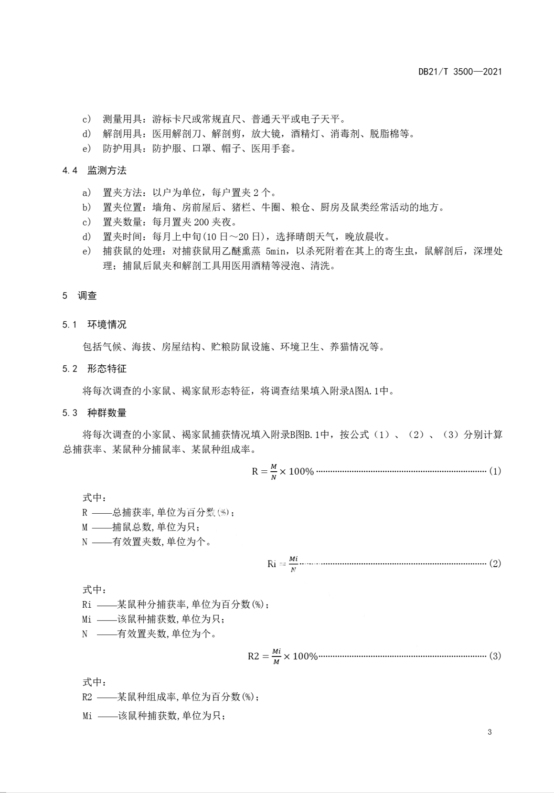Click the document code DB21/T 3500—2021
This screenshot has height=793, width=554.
point(460,72)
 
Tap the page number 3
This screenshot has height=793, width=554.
point(490,733)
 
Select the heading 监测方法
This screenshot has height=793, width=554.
point(107,170)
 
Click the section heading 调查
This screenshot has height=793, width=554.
point(87,296)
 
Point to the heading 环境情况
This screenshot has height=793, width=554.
point(107,325)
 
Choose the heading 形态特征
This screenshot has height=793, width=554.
point(107,369)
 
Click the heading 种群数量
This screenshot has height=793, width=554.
point(107,412)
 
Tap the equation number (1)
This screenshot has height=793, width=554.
point(494,471)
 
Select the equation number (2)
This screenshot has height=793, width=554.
point(494,563)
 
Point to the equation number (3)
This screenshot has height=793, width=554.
point(494,656)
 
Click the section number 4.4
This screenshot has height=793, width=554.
point(70,171)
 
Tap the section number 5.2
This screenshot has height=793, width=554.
point(70,369)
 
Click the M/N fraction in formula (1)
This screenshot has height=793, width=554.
point(273,472)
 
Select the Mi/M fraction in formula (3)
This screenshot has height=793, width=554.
point(277,656)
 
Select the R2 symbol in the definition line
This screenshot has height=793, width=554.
point(87,697)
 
